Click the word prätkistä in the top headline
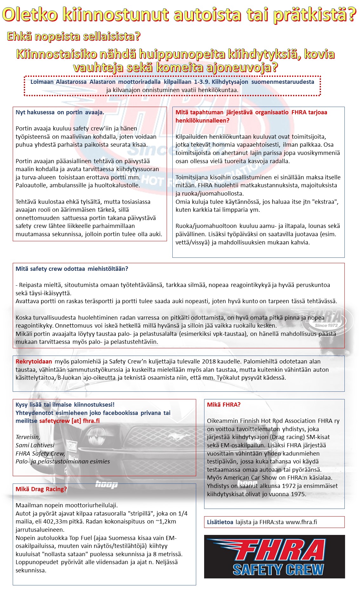click(x=314, y=15)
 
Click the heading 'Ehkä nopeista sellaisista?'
click(x=73, y=37)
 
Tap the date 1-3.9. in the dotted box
click(x=202, y=82)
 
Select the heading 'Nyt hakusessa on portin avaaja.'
click(x=60, y=112)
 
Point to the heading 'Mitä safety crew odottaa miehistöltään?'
click(x=72, y=269)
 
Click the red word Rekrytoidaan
click(x=34, y=362)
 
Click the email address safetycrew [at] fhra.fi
click(x=69, y=421)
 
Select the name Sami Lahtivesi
click(x=35, y=445)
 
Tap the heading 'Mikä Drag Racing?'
click(x=41, y=489)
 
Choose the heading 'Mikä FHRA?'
click(x=223, y=405)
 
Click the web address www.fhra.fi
click(x=301, y=522)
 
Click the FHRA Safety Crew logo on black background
click(x=274, y=557)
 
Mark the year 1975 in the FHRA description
click(x=297, y=494)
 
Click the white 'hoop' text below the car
click(x=106, y=484)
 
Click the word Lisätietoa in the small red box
click(x=220, y=522)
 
